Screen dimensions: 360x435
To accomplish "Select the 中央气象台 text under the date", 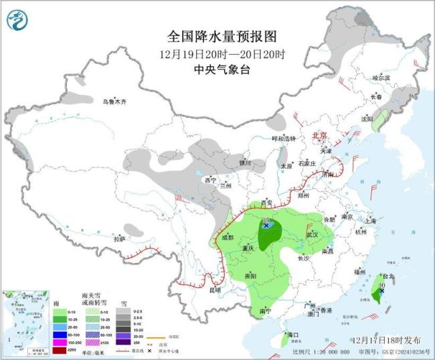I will point(222,69).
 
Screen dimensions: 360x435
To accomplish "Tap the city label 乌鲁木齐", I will point(114,102).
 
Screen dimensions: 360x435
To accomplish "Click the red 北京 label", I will point(319,137).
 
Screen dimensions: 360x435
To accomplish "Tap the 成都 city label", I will point(226,237).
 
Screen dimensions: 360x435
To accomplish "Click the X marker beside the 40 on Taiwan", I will point(381,290).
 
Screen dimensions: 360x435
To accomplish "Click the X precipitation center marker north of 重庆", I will point(266,226).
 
